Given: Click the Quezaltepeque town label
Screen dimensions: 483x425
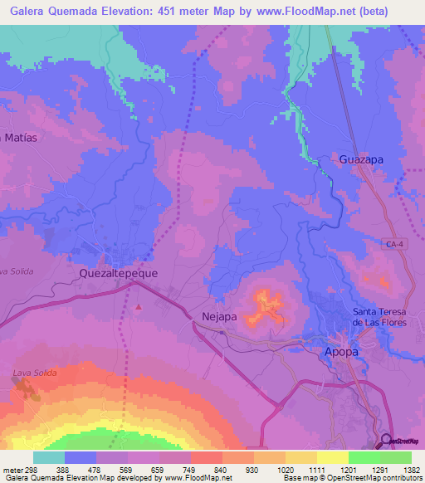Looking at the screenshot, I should (118, 271).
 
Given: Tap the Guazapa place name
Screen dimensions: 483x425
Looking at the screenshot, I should (362, 158).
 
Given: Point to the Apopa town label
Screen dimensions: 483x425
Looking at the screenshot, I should (340, 352).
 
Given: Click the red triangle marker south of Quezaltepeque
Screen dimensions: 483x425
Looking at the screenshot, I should (139, 307).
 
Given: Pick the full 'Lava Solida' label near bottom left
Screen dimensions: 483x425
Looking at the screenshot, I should (34, 373).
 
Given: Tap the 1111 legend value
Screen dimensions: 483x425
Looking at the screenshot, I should (315, 470).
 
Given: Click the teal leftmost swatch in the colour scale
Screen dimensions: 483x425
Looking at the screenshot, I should (49, 457).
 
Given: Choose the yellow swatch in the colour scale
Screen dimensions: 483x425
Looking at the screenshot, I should (332, 457).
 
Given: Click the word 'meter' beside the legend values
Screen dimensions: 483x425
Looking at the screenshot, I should (12, 470).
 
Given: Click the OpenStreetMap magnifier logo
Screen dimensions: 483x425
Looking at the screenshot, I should (388, 440).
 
